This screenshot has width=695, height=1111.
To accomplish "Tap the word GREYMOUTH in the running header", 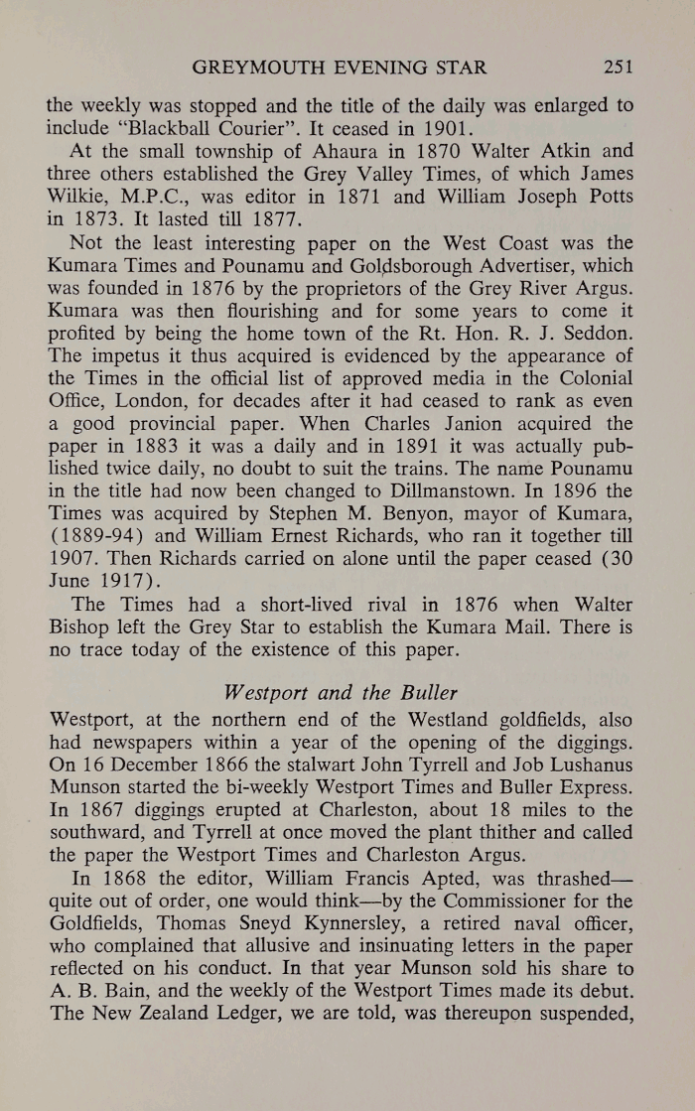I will pos(246,69).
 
